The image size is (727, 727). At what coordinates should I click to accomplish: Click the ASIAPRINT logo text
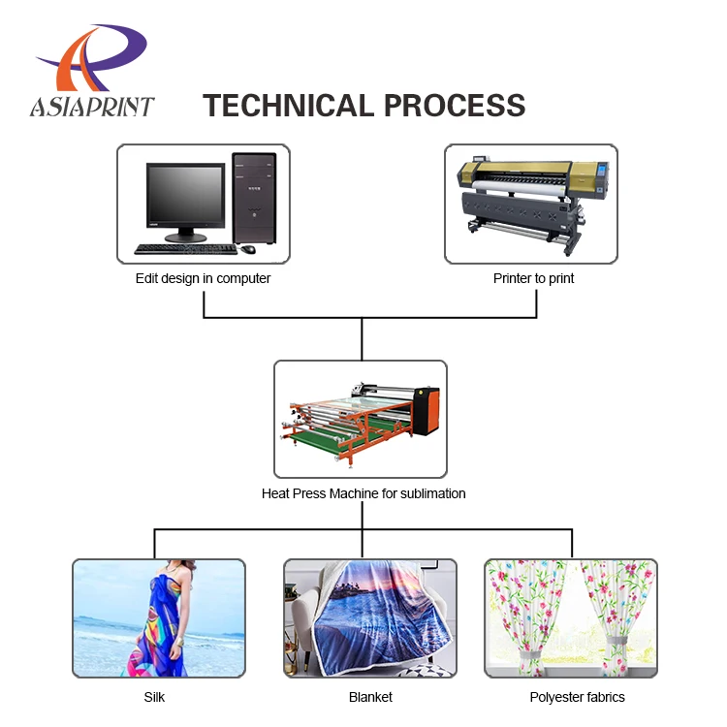(92, 106)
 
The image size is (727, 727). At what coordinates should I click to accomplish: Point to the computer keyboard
(184, 249)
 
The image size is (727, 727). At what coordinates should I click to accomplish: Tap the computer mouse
(248, 249)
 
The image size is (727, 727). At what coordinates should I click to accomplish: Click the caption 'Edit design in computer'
(203, 278)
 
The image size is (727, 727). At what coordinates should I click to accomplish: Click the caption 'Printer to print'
(533, 278)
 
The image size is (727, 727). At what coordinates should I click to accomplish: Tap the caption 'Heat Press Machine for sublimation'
(363, 493)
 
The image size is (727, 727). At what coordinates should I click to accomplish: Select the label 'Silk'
(155, 697)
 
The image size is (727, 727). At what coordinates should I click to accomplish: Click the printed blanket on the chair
(383, 620)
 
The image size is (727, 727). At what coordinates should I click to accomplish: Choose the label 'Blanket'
(370, 697)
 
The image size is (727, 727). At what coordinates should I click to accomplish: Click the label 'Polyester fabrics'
(577, 697)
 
